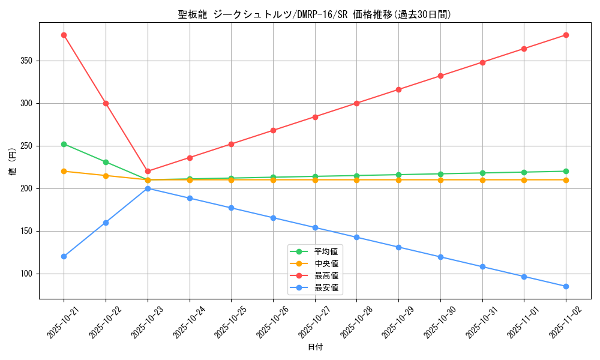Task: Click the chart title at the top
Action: [x=314, y=14]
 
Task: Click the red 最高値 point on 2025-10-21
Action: [x=64, y=35]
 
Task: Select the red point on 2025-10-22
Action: [x=106, y=103]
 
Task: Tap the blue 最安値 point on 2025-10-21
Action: [x=64, y=256]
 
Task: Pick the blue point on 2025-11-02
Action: [x=566, y=286]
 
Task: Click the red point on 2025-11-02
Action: [x=566, y=35]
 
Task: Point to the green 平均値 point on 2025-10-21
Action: [x=64, y=144]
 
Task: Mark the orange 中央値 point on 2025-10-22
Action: [x=106, y=176]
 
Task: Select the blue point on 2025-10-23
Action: [x=148, y=188]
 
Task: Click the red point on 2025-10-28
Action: [x=356, y=103]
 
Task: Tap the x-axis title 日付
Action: [x=314, y=347]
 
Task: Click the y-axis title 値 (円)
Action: [x=13, y=161]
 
